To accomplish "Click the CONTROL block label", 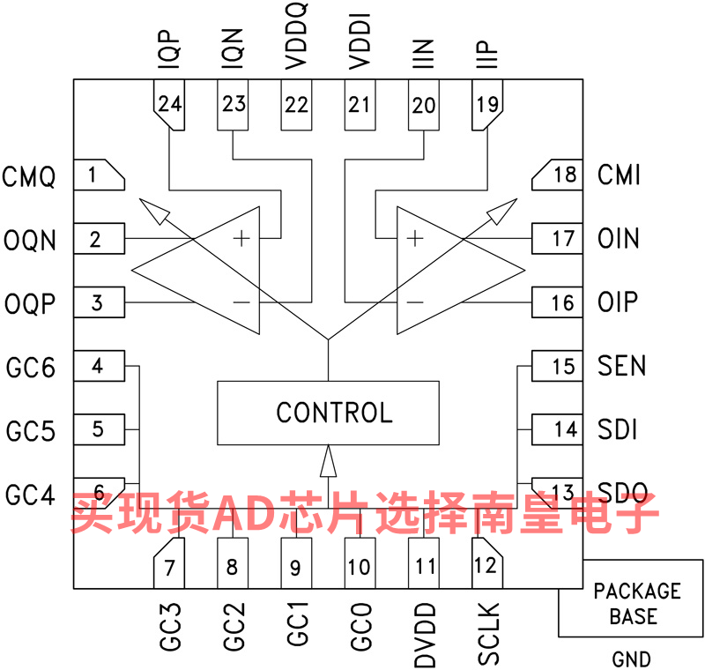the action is point(335,413).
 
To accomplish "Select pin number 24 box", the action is point(169,105).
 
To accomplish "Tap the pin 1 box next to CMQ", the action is point(99,175).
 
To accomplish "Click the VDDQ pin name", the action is point(296,36).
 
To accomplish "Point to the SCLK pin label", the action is point(488,634).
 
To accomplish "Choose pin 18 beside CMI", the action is point(558,175).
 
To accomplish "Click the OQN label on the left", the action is point(30,240).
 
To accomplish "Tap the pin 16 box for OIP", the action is point(558,302).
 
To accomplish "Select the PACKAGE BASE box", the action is point(631,599).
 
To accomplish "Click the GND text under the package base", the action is point(631,659).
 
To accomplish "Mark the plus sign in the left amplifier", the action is point(241,238).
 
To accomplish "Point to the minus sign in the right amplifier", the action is point(414,302).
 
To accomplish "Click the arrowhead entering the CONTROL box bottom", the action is point(328,461).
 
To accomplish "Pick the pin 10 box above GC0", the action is point(360,563).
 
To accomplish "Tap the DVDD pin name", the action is point(425,635).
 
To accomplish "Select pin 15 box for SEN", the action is point(558,366).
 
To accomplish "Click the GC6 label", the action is point(31,368).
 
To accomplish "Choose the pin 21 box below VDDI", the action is point(360,105).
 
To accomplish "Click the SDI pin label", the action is point(618,429).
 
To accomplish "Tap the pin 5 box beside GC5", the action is point(99,429).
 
